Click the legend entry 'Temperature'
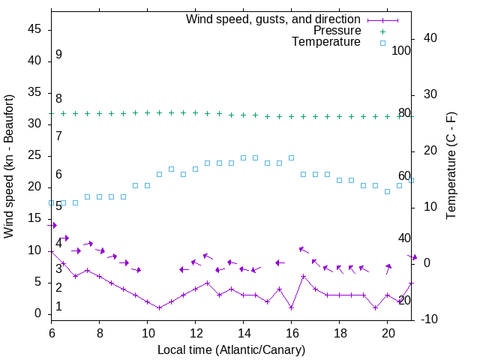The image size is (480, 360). pos(326,43)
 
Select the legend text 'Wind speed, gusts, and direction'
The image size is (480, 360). pos(273,19)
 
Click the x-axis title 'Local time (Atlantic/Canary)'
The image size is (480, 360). pos(231,349)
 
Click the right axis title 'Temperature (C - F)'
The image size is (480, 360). pos(451,166)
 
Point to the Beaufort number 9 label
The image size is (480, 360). pos(58,55)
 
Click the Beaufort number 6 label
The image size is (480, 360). pos(58,175)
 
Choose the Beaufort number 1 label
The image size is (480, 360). pos(58,307)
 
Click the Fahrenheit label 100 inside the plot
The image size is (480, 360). pos(401,51)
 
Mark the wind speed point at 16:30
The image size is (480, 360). pos(303,276)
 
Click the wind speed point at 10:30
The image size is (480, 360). pos(159,307)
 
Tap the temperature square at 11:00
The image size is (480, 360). pos(171,169)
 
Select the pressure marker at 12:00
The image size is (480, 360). pos(195,112)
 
